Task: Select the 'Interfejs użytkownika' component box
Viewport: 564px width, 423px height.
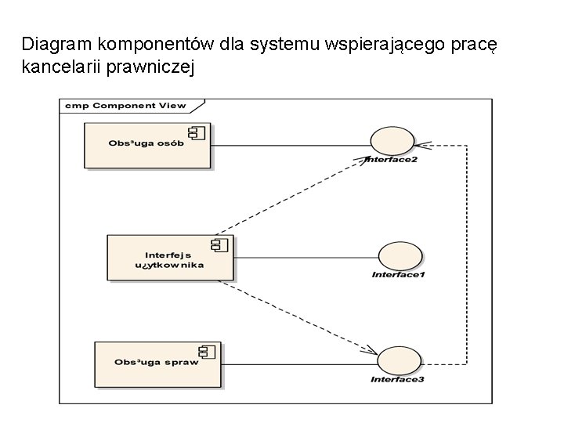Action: (168, 257)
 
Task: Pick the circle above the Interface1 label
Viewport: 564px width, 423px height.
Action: (399, 256)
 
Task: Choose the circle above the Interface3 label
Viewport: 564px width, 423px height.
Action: (399, 362)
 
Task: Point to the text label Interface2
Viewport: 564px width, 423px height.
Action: (392, 161)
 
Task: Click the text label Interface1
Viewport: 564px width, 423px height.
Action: (399, 274)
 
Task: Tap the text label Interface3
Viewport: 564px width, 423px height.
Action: (399, 380)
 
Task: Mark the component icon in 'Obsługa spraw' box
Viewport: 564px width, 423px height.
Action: (208, 351)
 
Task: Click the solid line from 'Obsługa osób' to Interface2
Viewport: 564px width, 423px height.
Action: (290, 145)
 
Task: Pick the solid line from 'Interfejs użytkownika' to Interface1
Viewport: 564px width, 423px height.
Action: (305, 257)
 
